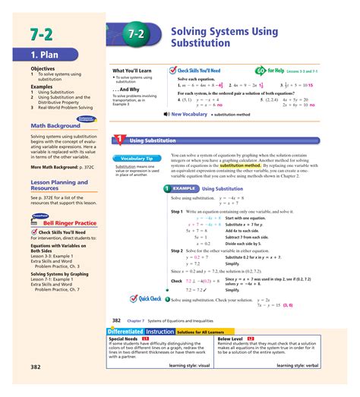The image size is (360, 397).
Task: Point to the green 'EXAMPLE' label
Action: (x=185, y=188)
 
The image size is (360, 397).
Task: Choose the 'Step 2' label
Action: (x=178, y=250)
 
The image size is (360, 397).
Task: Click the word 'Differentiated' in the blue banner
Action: (x=125, y=332)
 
